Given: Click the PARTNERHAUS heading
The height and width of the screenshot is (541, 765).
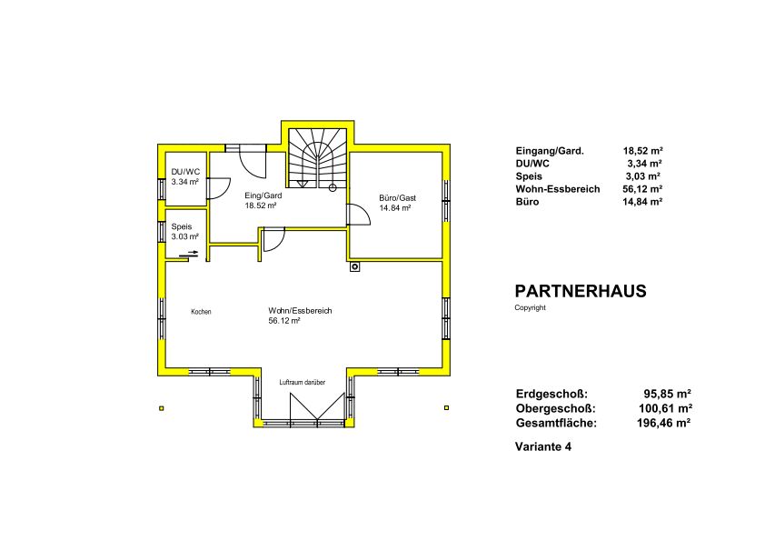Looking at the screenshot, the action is [581, 291].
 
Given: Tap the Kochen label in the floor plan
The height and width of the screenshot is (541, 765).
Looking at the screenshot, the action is [201, 312].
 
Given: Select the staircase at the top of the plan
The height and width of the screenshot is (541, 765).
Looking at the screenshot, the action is [318, 157].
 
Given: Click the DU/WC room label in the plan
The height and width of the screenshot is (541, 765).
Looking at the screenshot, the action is [185, 172].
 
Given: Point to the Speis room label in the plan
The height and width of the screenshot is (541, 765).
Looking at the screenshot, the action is [182, 226].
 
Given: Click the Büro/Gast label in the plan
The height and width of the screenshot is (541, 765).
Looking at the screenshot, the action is [398, 197].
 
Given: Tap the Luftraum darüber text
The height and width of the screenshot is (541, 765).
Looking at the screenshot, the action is [303, 382].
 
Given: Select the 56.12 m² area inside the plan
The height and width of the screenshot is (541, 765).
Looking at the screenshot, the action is [284, 321].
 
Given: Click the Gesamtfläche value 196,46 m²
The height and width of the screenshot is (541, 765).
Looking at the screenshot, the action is [663, 423].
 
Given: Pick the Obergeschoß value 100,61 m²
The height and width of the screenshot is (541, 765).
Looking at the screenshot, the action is [665, 408].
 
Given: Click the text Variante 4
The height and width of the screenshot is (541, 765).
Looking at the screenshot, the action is [543, 446].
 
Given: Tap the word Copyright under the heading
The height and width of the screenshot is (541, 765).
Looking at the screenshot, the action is [530, 307].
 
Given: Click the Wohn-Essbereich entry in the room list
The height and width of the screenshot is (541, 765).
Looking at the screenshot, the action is [558, 189].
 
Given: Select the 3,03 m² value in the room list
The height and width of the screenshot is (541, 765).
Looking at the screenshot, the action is [643, 176].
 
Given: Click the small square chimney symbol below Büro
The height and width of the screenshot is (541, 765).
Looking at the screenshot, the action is [354, 266].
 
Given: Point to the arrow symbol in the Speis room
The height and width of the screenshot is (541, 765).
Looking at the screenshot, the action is [189, 254].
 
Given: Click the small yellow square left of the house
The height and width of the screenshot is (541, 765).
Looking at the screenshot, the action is [162, 408].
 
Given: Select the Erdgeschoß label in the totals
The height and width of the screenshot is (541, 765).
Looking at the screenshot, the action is [551, 394].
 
